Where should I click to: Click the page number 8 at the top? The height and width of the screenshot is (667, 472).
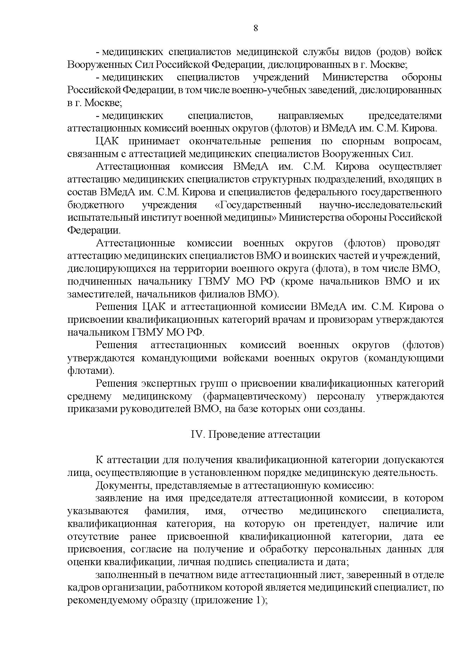pos(256,28)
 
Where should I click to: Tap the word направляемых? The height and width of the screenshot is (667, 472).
pos(310,115)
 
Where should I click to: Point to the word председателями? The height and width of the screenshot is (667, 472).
pos(405,115)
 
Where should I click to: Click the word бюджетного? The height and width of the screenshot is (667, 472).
pos(96,205)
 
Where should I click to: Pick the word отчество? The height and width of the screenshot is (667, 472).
pos(262,511)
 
